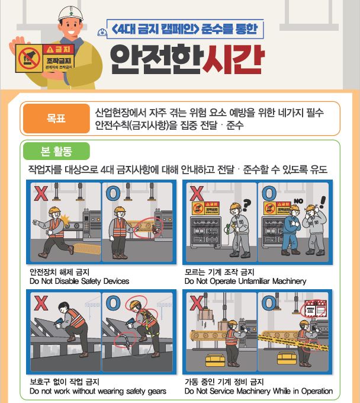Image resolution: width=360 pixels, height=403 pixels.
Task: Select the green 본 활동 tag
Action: pos(57,151)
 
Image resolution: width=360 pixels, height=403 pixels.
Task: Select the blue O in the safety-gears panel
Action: pos(112,303)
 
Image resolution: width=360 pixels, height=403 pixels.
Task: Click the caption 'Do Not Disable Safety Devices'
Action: pos(79,281)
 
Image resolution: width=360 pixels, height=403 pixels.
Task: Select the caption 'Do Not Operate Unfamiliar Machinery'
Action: pos(245,281)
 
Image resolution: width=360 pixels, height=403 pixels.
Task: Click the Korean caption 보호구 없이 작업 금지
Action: pos(65,382)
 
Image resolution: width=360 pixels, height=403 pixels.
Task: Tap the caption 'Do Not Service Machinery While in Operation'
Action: pos(258,391)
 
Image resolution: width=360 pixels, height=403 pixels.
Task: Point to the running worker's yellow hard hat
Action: pos(54,210)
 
